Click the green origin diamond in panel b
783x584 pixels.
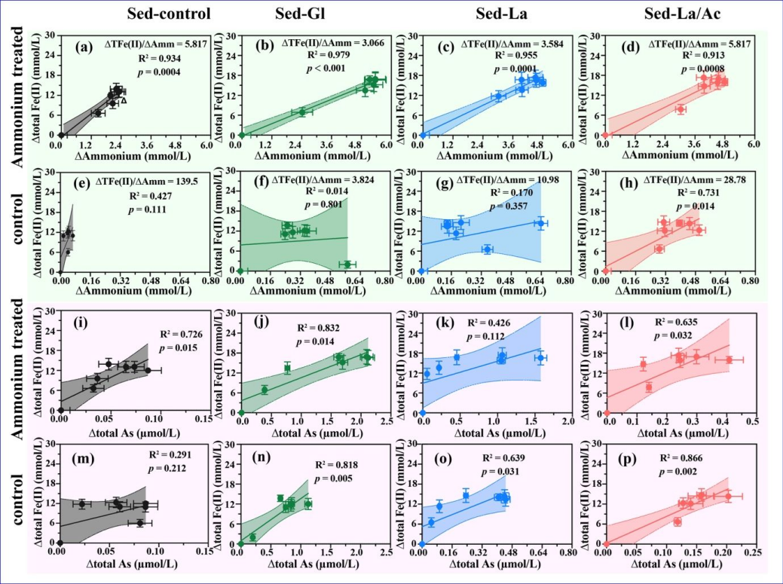pos(241,135)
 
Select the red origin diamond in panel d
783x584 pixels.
pos(605,135)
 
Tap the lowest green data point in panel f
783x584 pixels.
pos(347,264)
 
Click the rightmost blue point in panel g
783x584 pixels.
pos(541,223)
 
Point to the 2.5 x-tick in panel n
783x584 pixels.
pos(387,552)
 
